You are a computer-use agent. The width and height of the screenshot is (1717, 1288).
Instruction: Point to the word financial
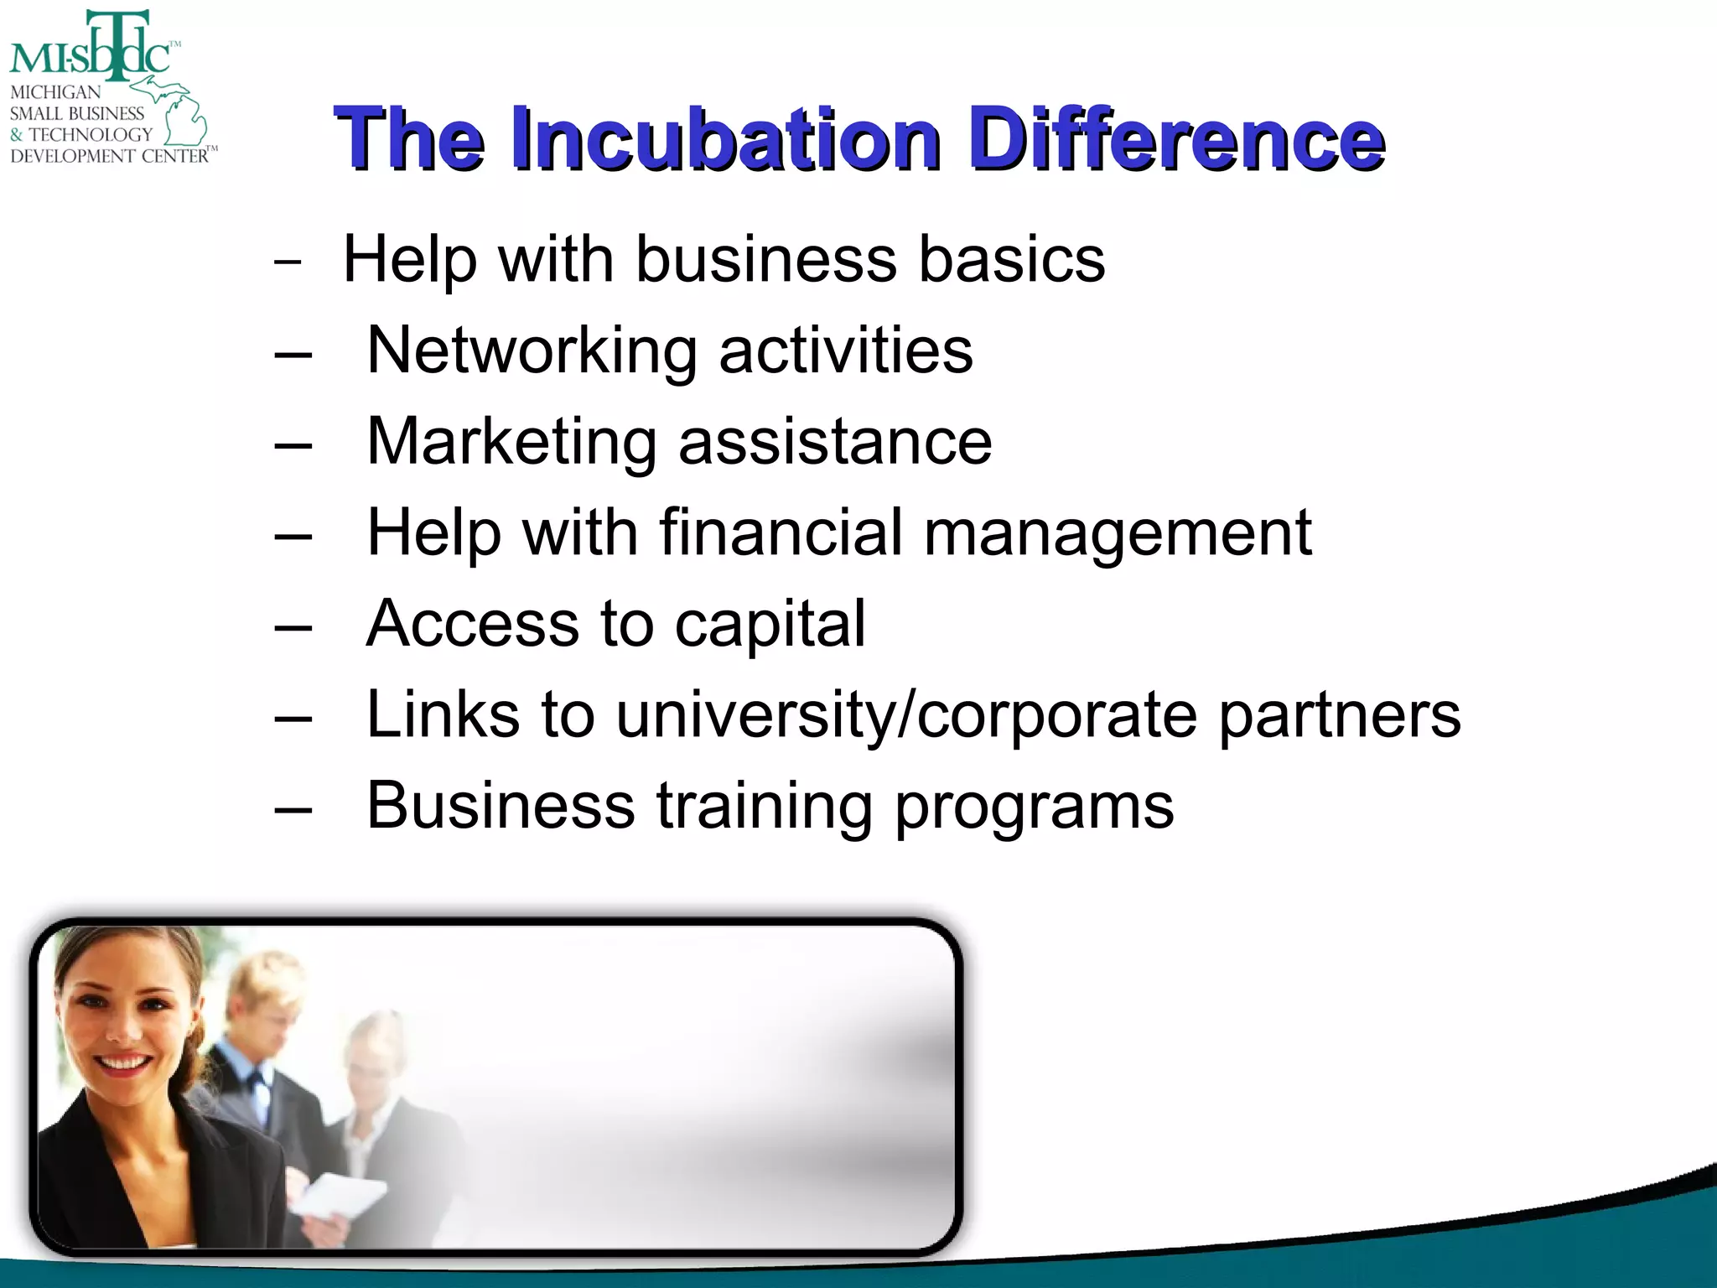[781, 532]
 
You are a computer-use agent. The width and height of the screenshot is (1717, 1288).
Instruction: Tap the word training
[764, 807]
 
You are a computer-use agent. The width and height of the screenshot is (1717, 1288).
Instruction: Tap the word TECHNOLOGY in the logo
[91, 134]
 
